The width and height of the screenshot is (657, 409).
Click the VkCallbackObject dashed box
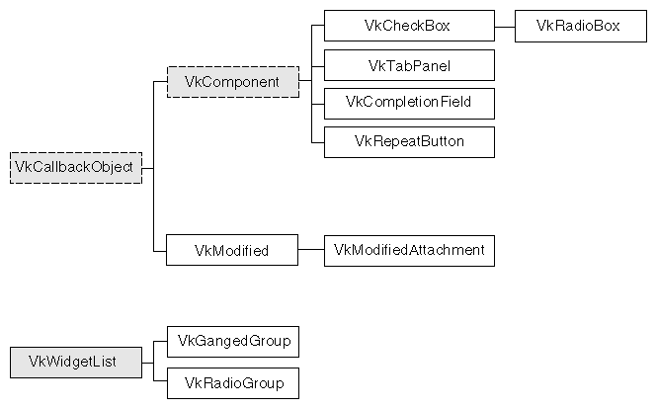77,167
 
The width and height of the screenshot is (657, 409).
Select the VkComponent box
232,82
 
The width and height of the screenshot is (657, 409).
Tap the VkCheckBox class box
409,26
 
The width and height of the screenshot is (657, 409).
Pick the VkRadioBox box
578,26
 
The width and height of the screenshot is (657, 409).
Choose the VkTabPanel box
409,65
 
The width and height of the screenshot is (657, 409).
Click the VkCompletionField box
409,102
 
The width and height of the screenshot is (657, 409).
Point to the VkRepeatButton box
409,140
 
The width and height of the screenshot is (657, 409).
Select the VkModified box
232,251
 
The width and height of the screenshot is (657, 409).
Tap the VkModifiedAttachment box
409,251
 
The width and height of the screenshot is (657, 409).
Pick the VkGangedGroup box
233,341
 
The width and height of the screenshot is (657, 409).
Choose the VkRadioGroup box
233,382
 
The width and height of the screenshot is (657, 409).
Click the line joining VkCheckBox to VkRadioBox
504,26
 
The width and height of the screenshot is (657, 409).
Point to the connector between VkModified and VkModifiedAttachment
311,251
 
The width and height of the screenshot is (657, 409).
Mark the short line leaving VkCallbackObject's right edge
148,167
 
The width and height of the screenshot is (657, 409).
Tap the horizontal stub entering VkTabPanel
318,65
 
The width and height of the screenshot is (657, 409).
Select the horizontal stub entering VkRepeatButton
318,140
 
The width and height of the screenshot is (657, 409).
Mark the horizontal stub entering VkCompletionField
318,102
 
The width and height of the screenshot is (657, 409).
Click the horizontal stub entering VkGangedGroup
160,341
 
